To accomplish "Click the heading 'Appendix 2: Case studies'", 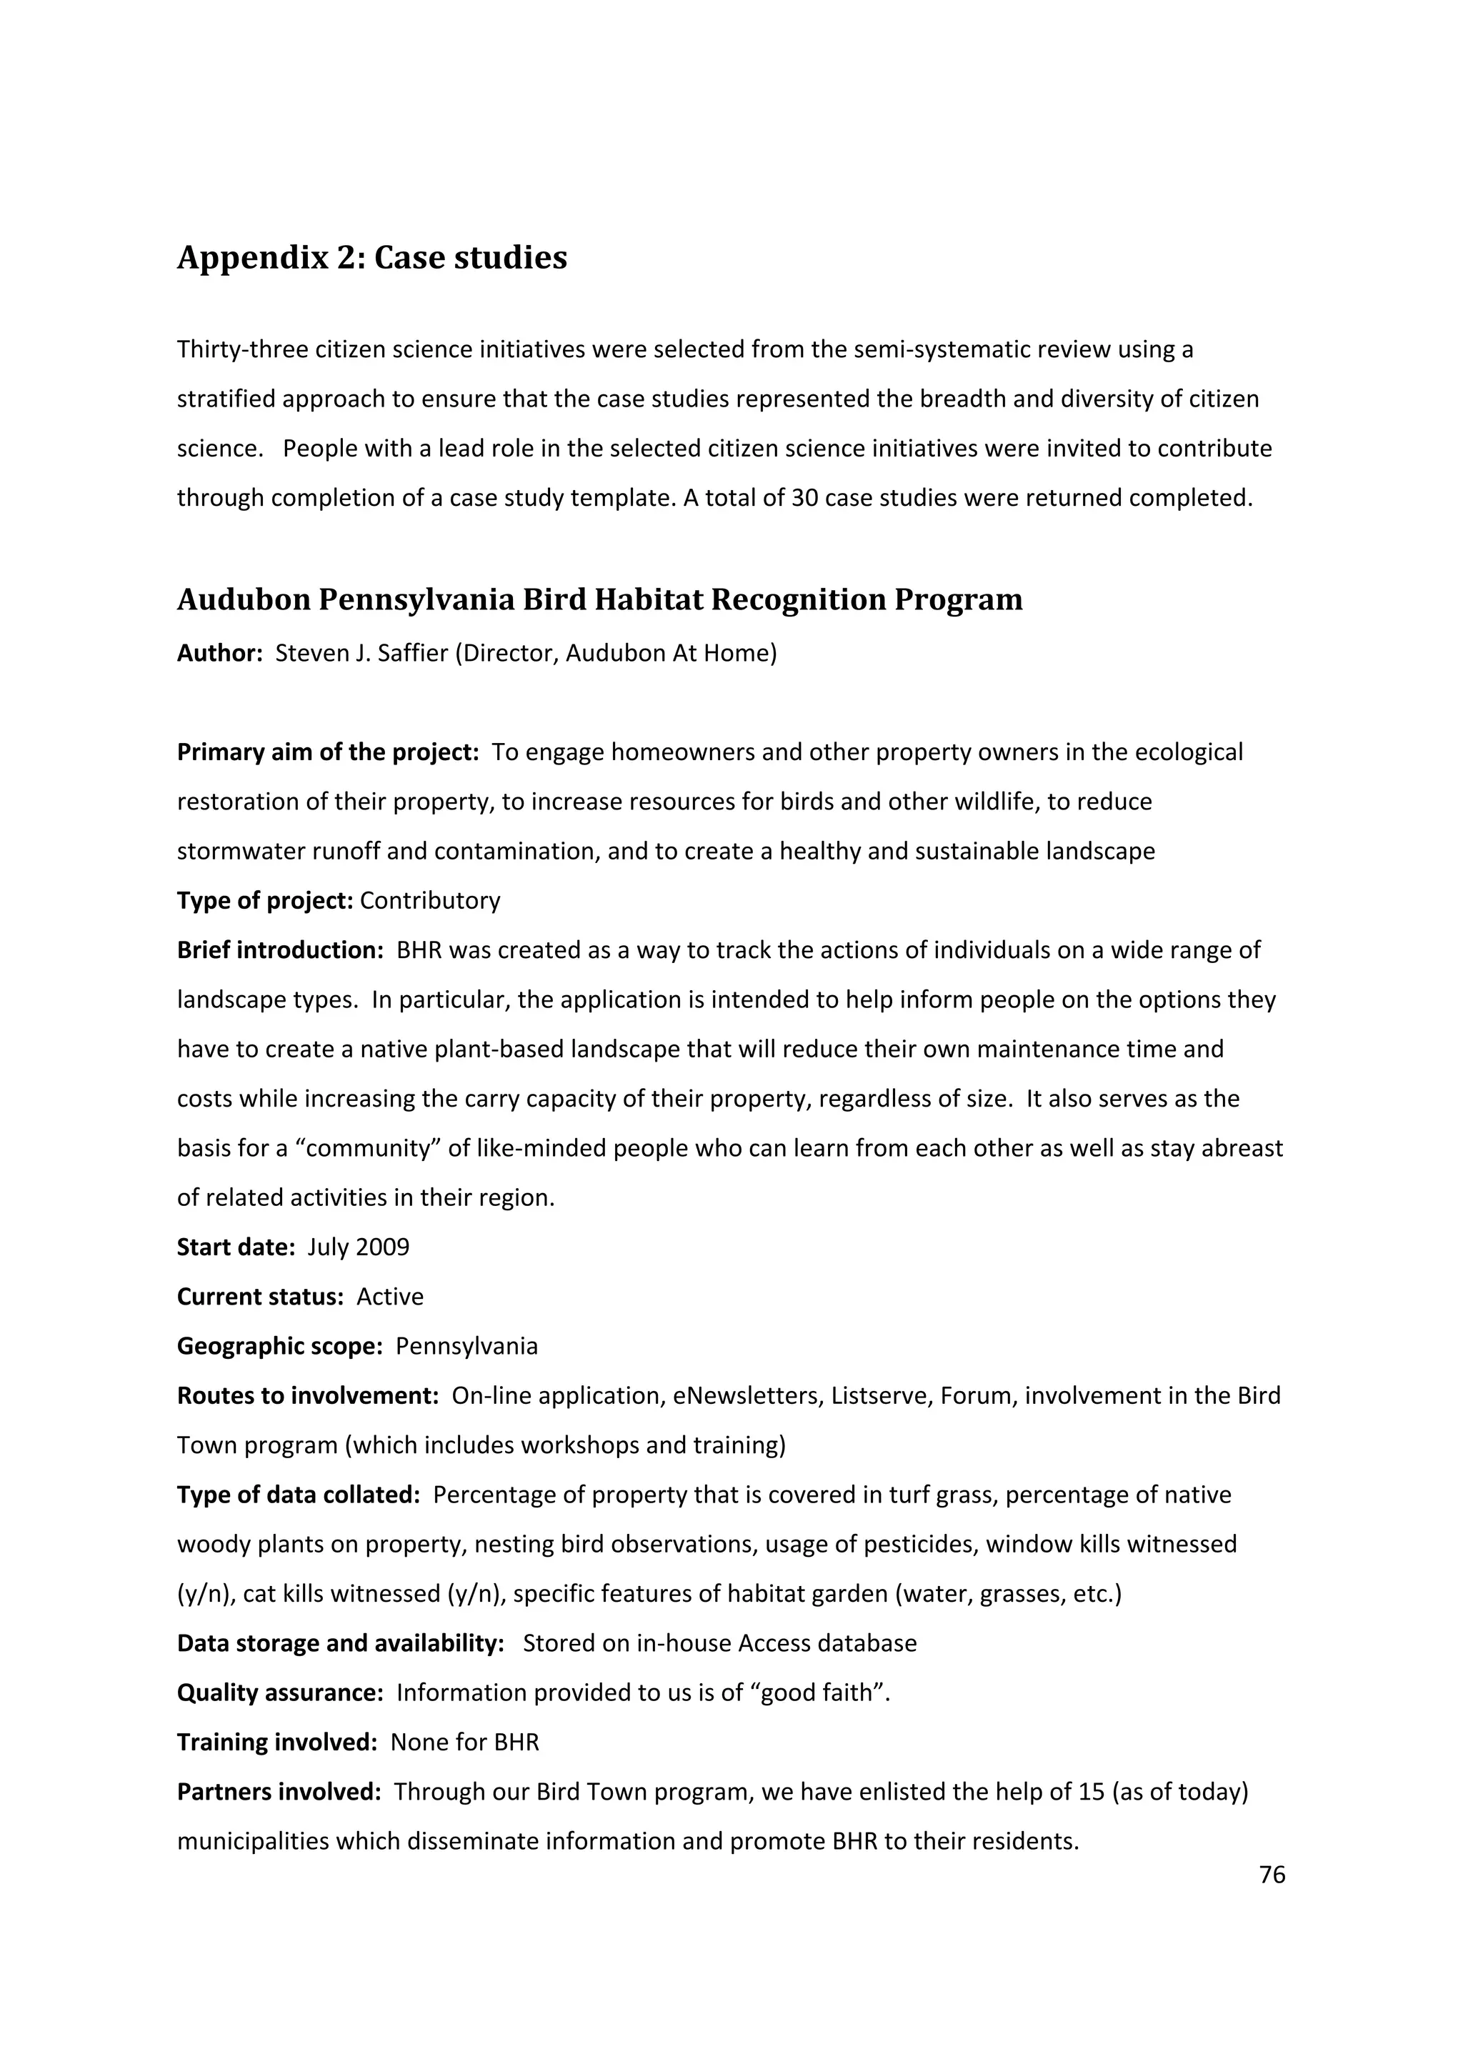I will tap(371, 258).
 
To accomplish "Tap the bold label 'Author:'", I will tap(219, 653).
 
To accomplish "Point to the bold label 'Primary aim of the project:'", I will tap(328, 752).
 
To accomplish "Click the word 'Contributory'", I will tap(430, 901).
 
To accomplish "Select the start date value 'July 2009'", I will tap(358, 1247).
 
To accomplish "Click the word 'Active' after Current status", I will tap(390, 1297).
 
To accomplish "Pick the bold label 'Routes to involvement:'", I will tap(307, 1396).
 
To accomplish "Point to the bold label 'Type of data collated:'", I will tap(298, 1495).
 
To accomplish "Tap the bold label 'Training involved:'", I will tap(276, 1743).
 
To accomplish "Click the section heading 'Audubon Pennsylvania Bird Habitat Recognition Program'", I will tap(599, 600).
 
